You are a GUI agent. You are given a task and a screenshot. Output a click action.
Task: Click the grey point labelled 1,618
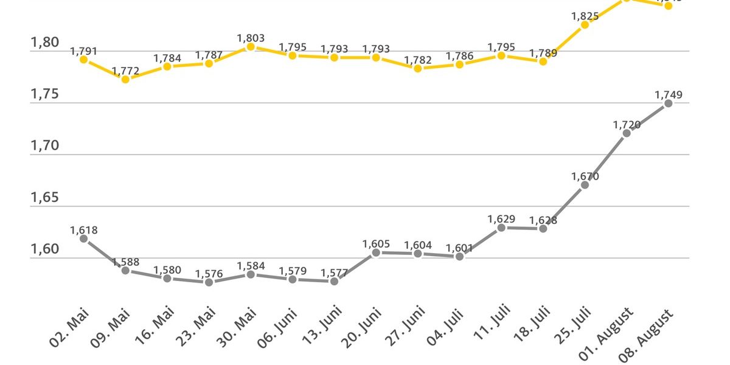[84, 239]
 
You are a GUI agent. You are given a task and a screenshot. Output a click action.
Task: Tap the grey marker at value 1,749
[668, 103]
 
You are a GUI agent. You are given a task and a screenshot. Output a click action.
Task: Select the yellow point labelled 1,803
[251, 47]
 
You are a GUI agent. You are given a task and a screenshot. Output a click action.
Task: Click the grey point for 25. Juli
[585, 185]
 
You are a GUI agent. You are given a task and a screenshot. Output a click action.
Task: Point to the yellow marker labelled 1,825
[585, 25]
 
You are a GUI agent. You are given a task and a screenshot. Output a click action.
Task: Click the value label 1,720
[627, 125]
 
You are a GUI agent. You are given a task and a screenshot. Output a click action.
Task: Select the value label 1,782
[417, 60]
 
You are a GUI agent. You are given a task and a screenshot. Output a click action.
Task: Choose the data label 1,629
[501, 219]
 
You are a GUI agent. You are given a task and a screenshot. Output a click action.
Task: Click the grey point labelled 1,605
[376, 252]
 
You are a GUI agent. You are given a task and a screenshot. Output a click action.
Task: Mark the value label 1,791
[84, 52]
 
